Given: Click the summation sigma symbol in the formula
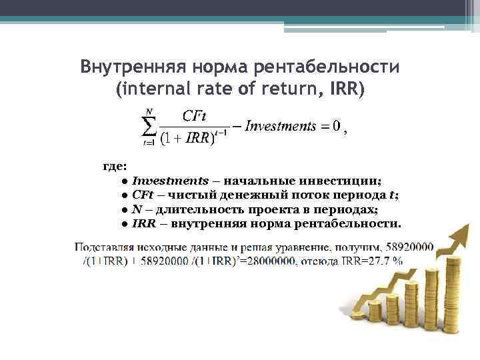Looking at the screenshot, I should click(149, 127).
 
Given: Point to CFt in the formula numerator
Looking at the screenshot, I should click(193, 115).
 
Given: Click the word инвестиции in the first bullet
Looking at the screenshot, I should click(340, 180).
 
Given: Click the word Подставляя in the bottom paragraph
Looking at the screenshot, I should click(101, 246).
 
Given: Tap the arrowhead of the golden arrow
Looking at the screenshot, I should click(461, 227).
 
